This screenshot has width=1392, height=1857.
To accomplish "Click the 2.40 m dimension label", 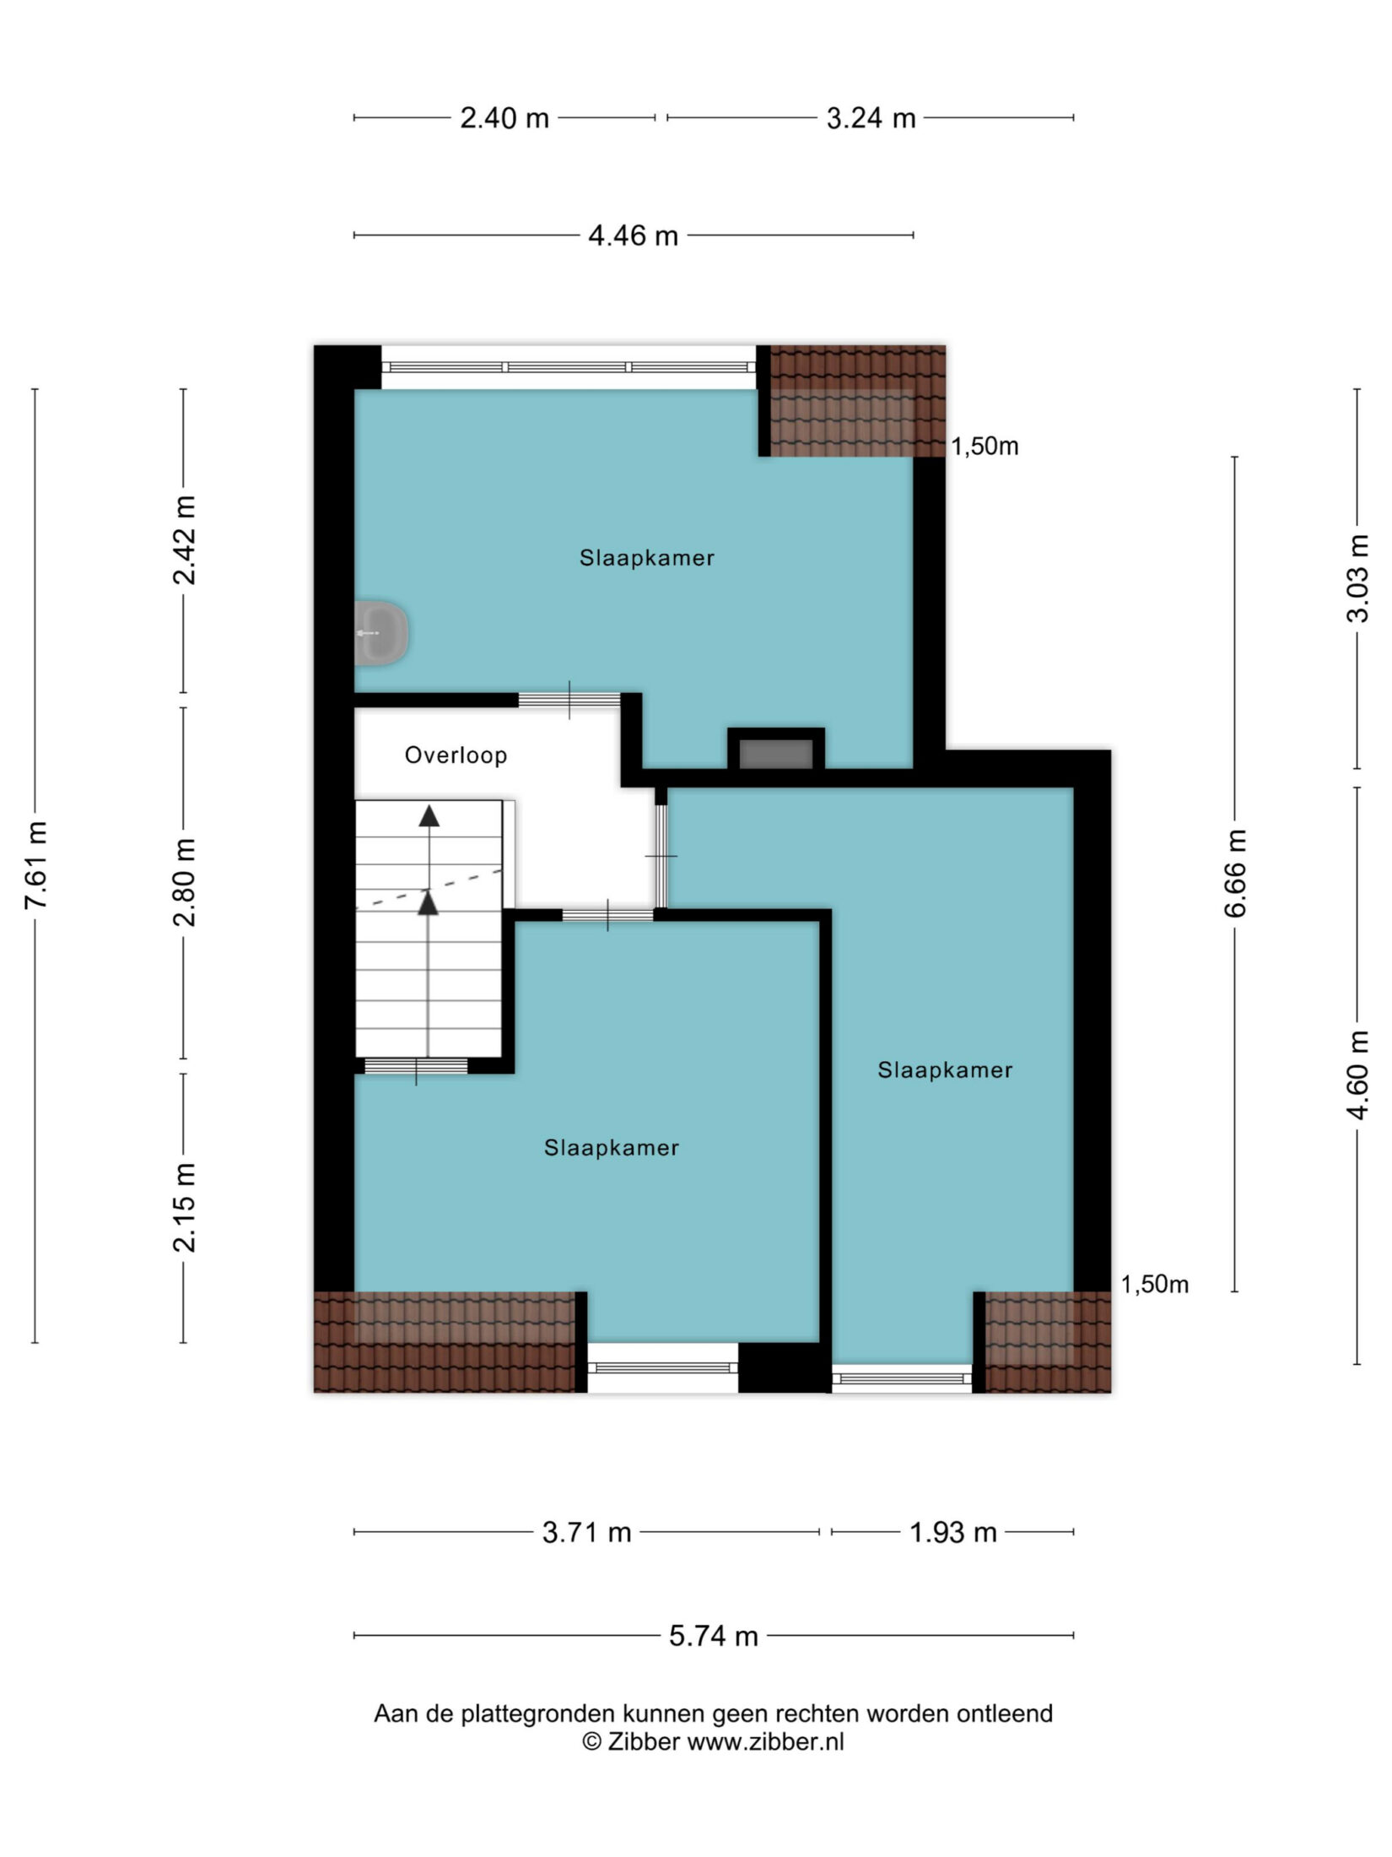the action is [504, 118].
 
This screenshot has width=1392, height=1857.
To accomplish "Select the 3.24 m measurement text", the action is [871, 118].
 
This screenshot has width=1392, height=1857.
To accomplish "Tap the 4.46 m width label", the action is [633, 236].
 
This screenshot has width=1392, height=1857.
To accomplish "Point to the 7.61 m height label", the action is [35, 864].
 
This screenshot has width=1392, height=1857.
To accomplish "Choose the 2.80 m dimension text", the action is [184, 882].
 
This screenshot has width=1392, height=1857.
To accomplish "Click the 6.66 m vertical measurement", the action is [1235, 873].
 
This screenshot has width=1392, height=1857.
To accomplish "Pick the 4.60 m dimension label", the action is [1357, 1075].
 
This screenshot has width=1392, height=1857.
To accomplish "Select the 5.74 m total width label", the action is [714, 1636].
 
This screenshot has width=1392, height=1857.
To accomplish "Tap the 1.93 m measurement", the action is [953, 1532].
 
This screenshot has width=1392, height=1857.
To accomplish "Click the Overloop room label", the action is [456, 755].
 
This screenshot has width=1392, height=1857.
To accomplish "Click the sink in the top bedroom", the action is [381, 632].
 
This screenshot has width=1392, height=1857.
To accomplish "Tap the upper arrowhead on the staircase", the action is [429, 815].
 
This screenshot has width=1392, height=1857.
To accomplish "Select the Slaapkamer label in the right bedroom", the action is [945, 1070].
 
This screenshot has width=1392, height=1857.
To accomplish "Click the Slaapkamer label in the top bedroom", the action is [647, 558].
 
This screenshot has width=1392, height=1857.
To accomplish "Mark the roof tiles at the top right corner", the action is [858, 401].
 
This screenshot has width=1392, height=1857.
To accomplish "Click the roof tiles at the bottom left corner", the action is [445, 1342].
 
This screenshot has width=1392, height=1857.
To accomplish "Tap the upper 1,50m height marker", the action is [985, 446].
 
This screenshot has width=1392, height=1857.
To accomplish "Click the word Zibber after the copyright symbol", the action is [643, 1741].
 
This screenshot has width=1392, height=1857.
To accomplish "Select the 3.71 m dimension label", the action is [587, 1532].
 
